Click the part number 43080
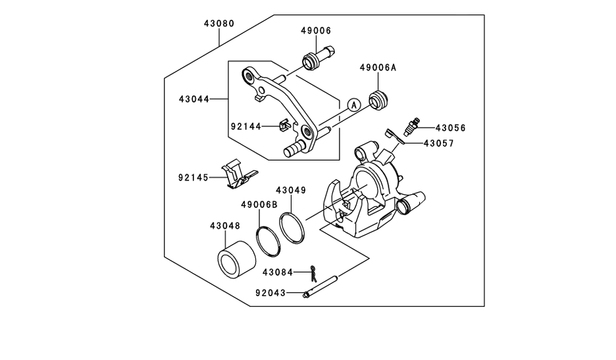click(218, 24)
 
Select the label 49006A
click(378, 68)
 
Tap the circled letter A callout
click(354, 105)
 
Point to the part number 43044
click(194, 99)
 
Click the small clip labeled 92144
click(284, 126)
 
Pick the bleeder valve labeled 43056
click(411, 126)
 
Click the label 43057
click(438, 144)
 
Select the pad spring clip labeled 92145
click(238, 174)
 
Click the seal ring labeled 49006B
click(269, 242)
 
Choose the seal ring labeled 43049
click(292, 228)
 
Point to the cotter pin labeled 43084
click(313, 273)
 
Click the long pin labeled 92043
click(321, 286)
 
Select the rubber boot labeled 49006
click(317, 59)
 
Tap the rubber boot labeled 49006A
click(380, 100)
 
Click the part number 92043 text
click(270, 293)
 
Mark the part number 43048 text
click(224, 226)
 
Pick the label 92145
click(193, 178)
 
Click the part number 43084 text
click(278, 272)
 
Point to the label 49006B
click(259, 205)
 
